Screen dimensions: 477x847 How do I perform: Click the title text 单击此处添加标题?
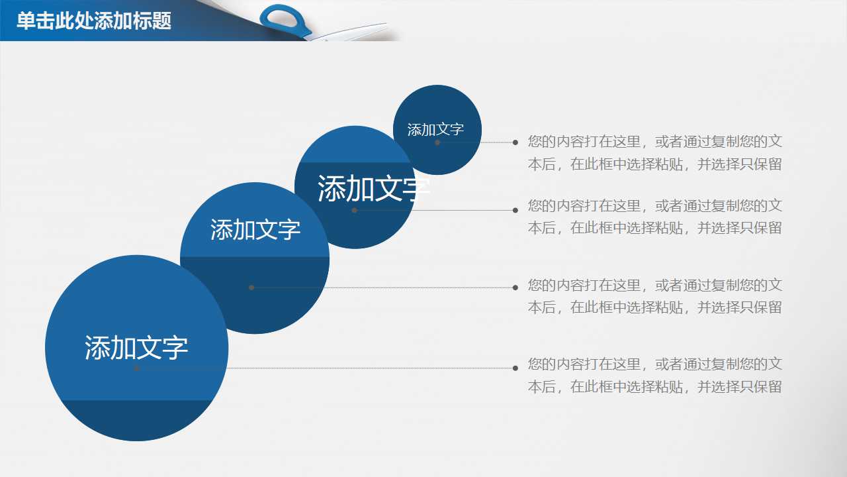(x=93, y=21)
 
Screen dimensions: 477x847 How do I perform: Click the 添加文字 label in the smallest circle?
(x=435, y=130)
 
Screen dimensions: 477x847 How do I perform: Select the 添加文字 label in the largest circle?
(x=136, y=348)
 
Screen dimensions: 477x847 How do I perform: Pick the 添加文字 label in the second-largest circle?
(x=255, y=230)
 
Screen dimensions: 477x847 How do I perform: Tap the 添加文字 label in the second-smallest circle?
(x=374, y=189)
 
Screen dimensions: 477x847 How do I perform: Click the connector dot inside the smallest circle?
(x=437, y=142)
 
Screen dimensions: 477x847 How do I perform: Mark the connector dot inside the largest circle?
(x=137, y=368)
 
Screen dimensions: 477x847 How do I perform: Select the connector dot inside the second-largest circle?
(x=251, y=288)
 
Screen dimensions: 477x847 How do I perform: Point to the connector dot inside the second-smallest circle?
(x=355, y=210)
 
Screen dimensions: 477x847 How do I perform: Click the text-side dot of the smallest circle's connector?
(x=515, y=142)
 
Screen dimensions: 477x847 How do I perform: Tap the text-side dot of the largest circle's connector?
(x=515, y=368)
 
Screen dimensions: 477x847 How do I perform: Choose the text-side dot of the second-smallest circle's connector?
(x=515, y=210)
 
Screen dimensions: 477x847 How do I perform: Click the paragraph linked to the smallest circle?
(x=654, y=152)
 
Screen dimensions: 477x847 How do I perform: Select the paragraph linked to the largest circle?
(x=654, y=375)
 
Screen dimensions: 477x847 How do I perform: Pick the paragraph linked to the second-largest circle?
(x=654, y=296)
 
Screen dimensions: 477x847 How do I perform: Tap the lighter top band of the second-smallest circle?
(x=354, y=146)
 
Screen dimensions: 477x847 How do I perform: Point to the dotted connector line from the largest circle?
(x=331, y=368)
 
